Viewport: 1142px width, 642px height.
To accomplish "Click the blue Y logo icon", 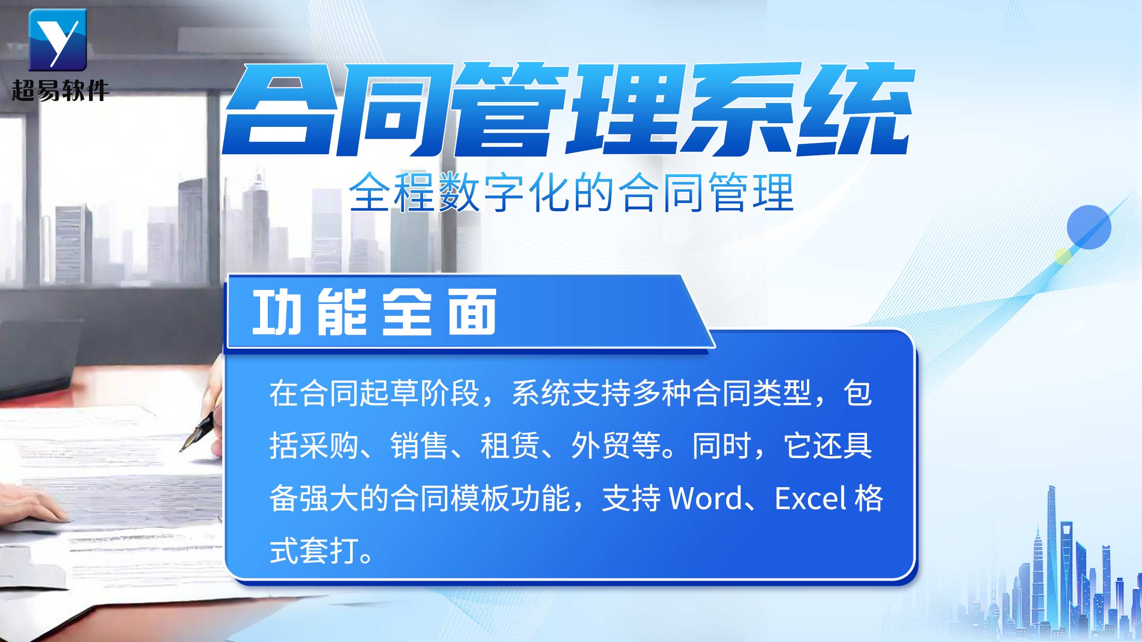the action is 57,40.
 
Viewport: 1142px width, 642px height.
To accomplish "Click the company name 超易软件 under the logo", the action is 60,91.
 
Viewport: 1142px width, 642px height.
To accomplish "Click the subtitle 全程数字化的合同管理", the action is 571,192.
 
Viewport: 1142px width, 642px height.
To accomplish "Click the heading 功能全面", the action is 374,312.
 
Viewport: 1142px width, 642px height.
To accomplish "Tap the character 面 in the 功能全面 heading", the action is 472,312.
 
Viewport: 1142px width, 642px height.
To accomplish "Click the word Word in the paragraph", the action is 706,498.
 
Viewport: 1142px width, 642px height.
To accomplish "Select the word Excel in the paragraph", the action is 811,498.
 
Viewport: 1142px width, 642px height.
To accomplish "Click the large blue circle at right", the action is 1089,227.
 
